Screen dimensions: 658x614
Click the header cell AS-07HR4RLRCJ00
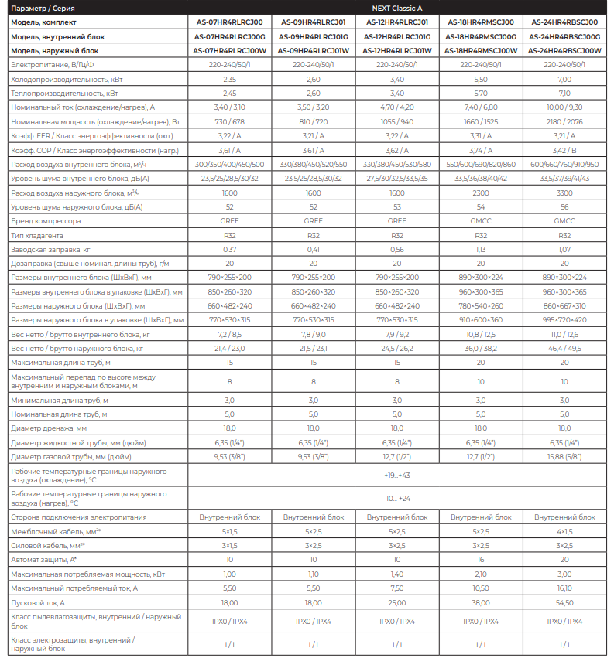tap(229, 22)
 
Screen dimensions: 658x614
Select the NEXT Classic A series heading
tap(396, 7)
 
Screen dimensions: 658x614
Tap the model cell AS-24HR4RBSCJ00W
tap(564, 50)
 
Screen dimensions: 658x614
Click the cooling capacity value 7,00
tap(564, 79)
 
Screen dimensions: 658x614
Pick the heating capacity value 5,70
tap(481, 93)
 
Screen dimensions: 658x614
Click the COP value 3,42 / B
tap(564, 150)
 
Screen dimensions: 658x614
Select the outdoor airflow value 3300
tap(564, 193)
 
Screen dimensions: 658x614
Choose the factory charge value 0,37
tap(229, 249)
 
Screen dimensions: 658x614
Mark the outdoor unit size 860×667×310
tap(564, 306)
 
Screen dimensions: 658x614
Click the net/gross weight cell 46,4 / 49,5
tap(564, 349)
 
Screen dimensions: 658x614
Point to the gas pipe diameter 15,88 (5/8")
tap(564, 457)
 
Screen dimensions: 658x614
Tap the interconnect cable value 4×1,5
tap(564, 531)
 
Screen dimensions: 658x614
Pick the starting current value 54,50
tap(564, 602)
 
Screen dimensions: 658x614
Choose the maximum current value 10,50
tap(481, 588)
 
